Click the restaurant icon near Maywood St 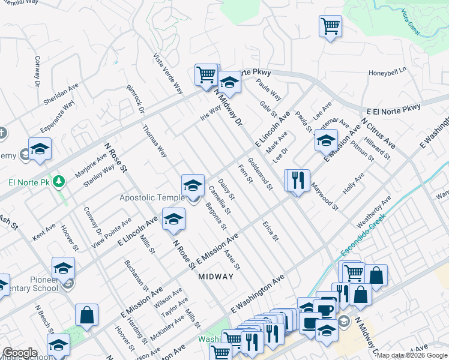[x=297, y=179]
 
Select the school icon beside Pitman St [x=326, y=142]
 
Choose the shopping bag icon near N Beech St [x=87, y=316]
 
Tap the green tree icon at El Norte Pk [x=59, y=180]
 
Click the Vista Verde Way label [x=167, y=74]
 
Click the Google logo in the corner [x=19, y=353]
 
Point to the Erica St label [x=271, y=230]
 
